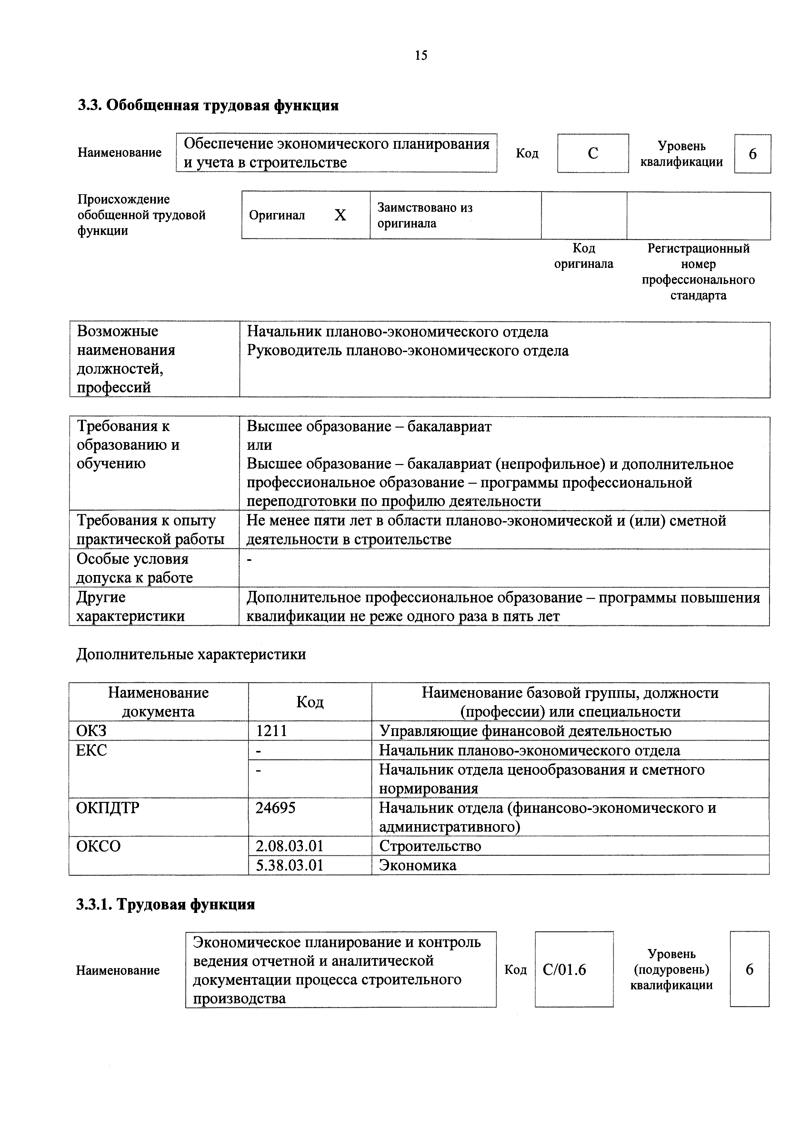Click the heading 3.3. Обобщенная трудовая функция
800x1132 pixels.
208,106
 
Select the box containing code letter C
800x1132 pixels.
593,153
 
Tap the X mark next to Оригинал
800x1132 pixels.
340,215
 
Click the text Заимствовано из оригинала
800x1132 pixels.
425,216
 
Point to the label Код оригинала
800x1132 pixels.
584,256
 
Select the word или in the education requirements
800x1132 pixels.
259,445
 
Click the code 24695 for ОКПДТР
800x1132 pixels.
275,808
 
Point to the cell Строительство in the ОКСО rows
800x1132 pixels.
430,846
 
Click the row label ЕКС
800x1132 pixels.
91,750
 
